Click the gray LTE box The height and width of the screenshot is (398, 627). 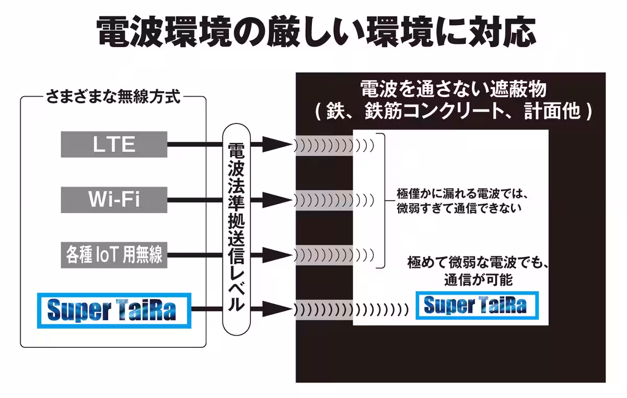point(114,144)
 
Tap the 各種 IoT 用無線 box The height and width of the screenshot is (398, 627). point(114,255)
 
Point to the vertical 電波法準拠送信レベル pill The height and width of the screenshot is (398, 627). point(236,229)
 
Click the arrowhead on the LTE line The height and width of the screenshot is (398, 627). point(275,144)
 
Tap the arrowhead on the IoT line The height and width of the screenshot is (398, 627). point(275,255)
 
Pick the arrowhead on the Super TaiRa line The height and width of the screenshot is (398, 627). point(275,310)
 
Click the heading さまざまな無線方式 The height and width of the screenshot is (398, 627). point(113,97)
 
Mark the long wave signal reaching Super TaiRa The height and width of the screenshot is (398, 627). point(351,310)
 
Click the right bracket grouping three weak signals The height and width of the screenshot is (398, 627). point(382,200)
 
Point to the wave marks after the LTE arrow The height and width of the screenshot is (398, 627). point(334,145)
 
